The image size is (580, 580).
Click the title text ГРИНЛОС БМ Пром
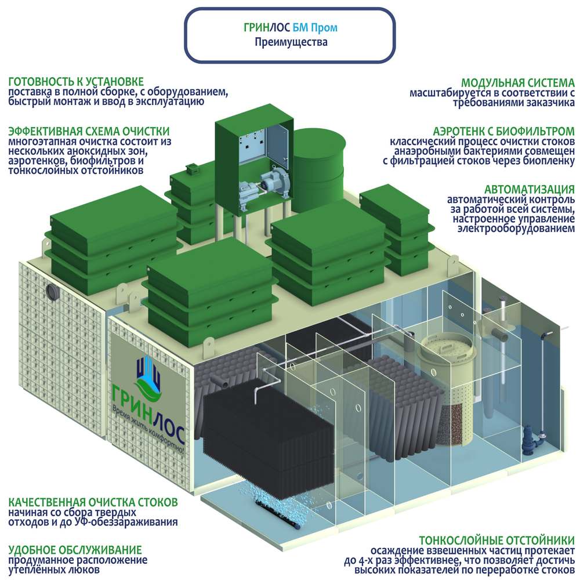291,27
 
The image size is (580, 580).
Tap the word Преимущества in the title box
291,42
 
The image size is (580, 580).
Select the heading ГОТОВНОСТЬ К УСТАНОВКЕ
76,81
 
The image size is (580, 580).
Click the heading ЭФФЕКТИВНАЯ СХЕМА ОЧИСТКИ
89,131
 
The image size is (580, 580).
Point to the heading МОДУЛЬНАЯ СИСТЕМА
518,82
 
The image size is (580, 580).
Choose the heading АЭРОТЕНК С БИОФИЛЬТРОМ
504,131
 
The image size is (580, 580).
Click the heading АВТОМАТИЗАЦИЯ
530,190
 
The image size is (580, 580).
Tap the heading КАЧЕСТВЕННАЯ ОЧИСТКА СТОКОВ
93,502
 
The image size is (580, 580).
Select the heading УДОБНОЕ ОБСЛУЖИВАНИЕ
75,550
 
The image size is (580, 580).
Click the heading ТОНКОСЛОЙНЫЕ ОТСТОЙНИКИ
497,541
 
